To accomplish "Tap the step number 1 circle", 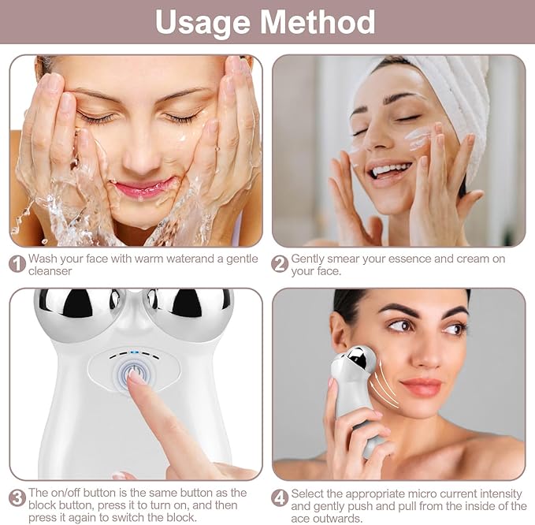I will click(x=17, y=264).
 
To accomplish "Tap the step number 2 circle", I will click(x=280, y=264).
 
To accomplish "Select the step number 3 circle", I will click(x=17, y=498).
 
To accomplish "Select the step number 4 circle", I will click(x=280, y=498).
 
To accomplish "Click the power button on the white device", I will click(x=132, y=373).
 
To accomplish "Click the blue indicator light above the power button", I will click(x=133, y=354).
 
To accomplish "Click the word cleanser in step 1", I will click(x=50, y=271).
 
